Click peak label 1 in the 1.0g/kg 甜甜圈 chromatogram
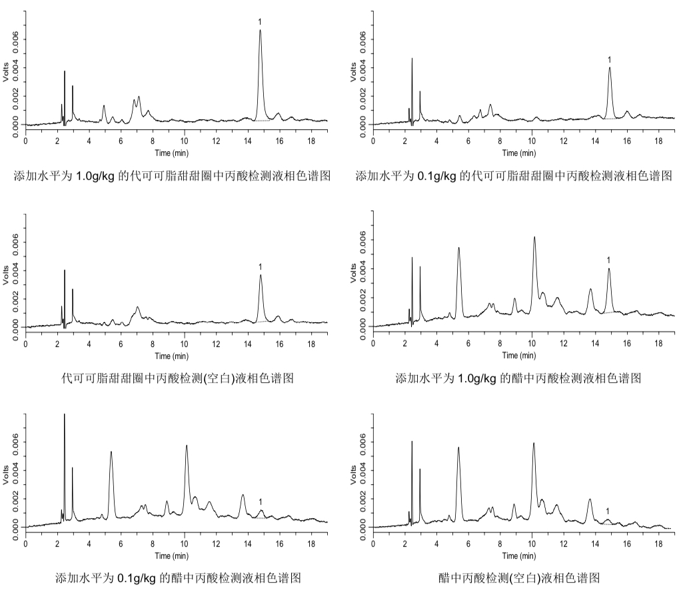click(x=260, y=22)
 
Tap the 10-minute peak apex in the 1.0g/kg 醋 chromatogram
click(x=534, y=237)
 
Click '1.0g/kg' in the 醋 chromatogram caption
click(x=477, y=378)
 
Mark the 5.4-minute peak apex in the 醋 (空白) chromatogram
click(x=458, y=447)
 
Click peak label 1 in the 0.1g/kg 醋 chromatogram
click(x=261, y=501)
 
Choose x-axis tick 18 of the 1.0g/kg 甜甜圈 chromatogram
click(x=311, y=142)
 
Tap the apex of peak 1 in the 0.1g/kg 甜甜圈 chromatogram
click(x=609, y=67)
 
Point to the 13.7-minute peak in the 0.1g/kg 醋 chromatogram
click(x=243, y=495)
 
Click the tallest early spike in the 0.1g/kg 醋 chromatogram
click(x=64, y=414)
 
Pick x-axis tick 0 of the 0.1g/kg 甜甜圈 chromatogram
click(x=373, y=142)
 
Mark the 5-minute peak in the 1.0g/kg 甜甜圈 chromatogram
click(x=104, y=105)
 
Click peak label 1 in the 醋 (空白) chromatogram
click(x=607, y=511)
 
